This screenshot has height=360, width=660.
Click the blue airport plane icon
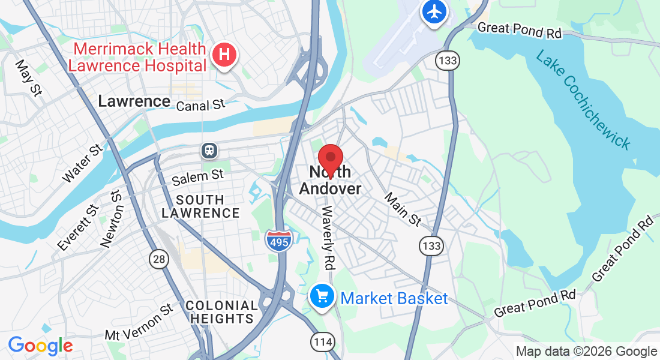(x=434, y=11)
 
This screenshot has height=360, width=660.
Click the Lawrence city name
(x=134, y=101)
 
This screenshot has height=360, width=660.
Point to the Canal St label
(x=201, y=106)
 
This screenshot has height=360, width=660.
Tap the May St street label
(x=28, y=77)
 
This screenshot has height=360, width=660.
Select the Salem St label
(x=197, y=177)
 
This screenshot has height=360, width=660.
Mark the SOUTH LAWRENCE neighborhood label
(x=200, y=206)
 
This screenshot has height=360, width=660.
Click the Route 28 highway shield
(x=157, y=259)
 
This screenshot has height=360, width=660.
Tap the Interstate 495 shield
(x=278, y=239)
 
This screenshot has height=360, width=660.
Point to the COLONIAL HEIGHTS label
(x=222, y=312)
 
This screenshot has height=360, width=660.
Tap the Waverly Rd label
(x=328, y=237)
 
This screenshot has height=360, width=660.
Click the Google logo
(x=40, y=346)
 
